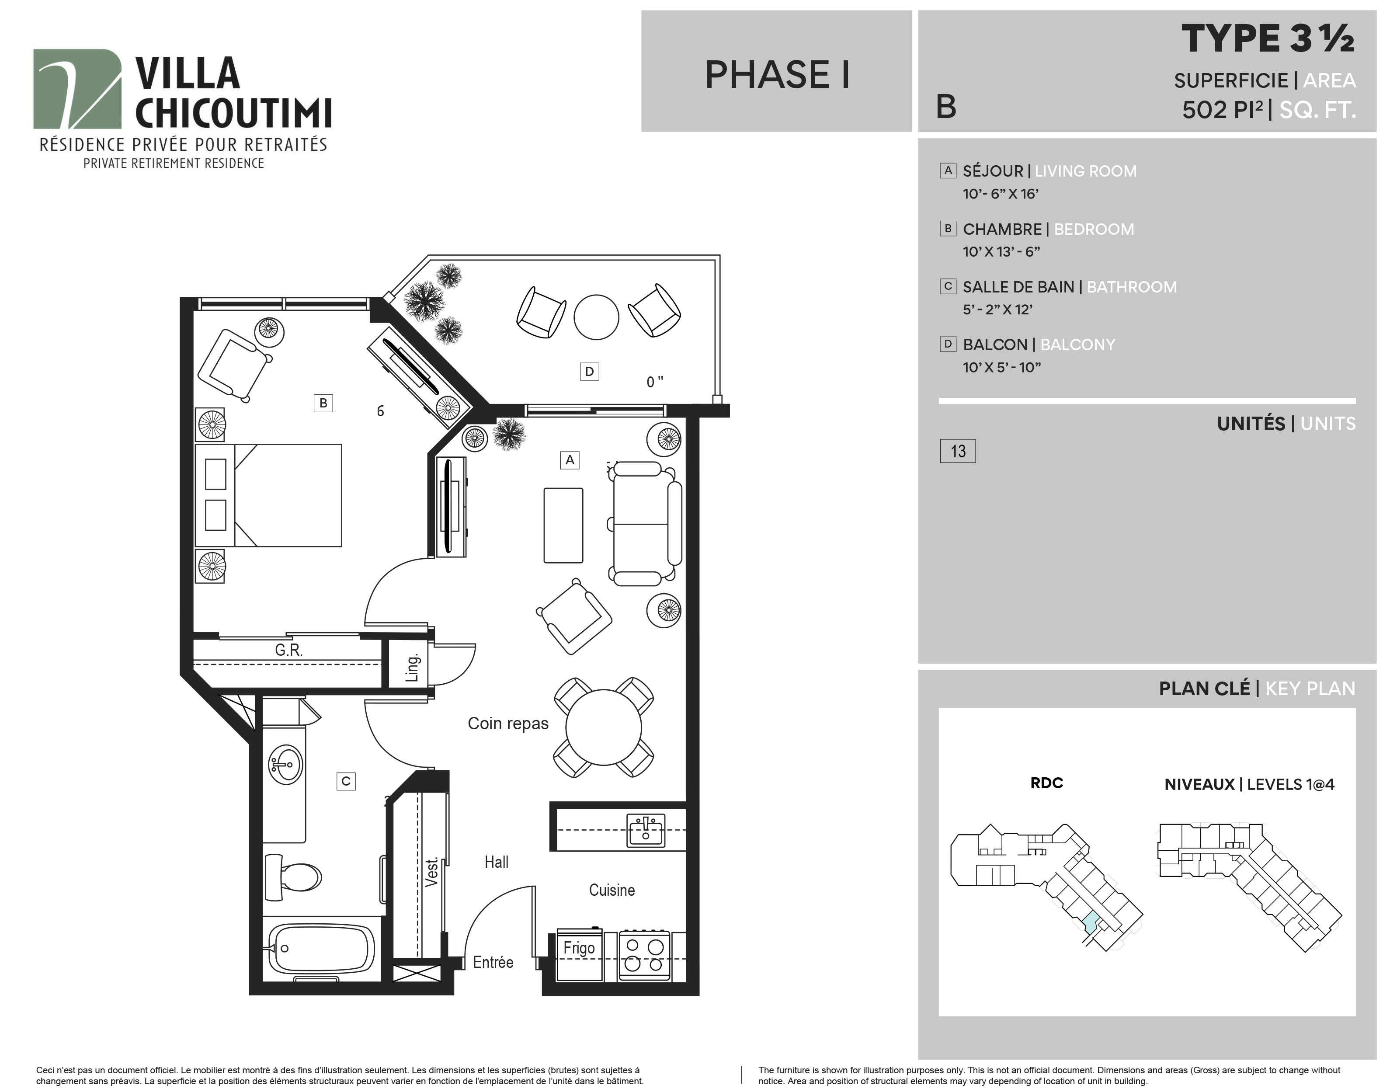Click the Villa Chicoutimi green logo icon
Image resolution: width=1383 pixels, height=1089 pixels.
click(77, 89)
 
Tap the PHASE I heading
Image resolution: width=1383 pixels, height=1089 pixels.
click(777, 75)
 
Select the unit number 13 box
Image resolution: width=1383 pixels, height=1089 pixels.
click(957, 451)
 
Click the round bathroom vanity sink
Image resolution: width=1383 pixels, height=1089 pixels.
click(285, 764)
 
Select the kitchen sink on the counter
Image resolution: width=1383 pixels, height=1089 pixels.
click(646, 830)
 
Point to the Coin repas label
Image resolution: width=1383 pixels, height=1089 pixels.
click(508, 724)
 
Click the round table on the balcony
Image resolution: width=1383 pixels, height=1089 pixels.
click(597, 317)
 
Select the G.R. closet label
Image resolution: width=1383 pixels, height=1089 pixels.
click(289, 651)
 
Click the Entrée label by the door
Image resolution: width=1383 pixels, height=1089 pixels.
click(493, 962)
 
